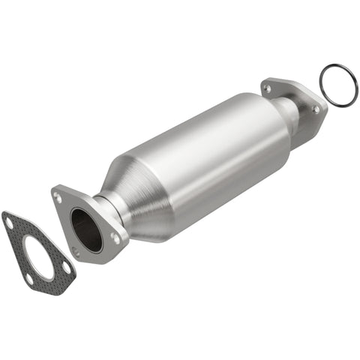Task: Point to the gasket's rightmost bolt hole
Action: tap(67, 266)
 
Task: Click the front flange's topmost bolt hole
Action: tap(58, 198)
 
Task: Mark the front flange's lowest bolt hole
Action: tap(76, 253)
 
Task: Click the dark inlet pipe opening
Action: tap(85, 228)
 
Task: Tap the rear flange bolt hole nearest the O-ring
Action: tap(316, 109)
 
